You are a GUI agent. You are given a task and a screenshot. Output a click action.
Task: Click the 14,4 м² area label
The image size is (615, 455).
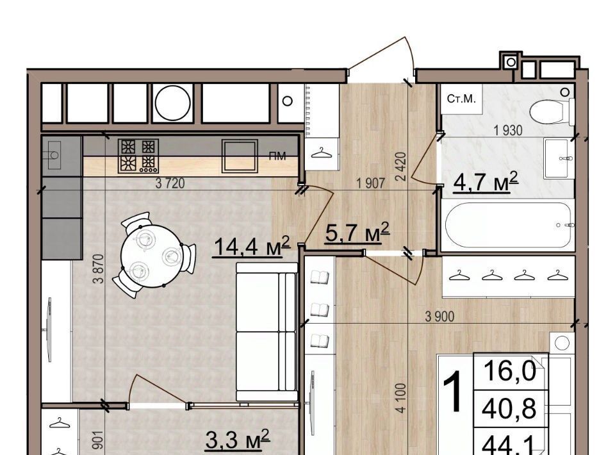coord(250,247)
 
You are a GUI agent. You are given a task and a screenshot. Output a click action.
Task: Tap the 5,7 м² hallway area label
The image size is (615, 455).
coord(357,233)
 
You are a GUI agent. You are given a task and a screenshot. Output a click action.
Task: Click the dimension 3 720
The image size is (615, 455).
coord(170,183)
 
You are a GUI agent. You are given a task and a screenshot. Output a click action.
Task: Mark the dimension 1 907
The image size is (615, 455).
coord(370,183)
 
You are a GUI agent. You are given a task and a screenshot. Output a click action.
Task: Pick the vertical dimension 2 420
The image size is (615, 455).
coord(402,167)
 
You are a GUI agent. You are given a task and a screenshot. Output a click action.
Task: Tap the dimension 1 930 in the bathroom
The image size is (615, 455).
coord(508,130)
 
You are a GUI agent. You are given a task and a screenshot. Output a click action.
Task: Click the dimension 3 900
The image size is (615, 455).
coord(439,317)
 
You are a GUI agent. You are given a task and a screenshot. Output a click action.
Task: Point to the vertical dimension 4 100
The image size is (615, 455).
coord(400,398)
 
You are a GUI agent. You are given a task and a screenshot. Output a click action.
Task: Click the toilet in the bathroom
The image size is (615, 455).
coord(552,111)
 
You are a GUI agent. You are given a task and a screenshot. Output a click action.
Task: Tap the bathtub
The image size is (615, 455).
coord(508,225)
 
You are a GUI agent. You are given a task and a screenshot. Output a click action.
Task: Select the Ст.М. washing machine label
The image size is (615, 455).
coord(461,99)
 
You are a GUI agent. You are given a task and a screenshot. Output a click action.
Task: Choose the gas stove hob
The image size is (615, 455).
coord(138,156)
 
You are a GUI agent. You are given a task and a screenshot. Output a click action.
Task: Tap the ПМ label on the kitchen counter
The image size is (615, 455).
coord(277,156)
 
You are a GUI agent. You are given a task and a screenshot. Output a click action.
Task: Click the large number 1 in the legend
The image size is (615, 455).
coord(455,393)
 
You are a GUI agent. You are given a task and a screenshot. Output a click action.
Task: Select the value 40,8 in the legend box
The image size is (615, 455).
coord(509,408)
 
